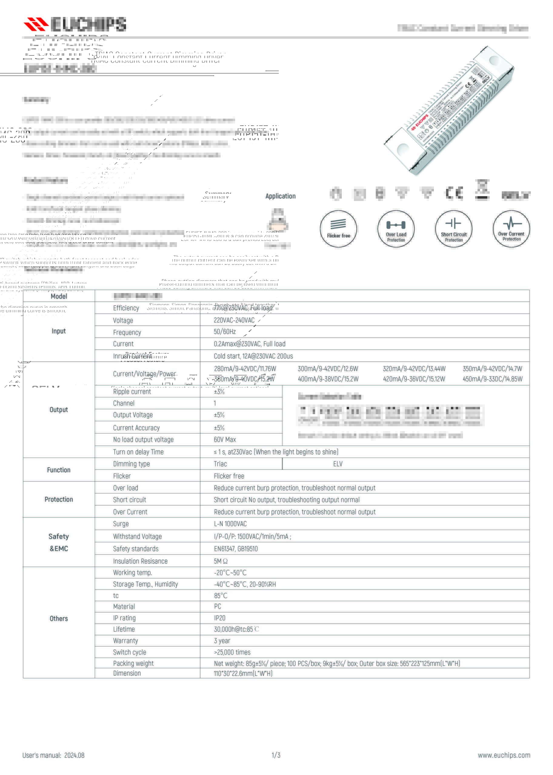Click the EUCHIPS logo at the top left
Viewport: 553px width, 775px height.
coord(75,24)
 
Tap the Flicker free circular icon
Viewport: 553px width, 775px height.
coord(338,229)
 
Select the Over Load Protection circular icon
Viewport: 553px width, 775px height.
coord(396,229)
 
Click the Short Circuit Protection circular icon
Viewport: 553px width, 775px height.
coord(454,229)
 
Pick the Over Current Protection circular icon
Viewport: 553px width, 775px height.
coord(511,229)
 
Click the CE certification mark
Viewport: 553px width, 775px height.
coord(454,193)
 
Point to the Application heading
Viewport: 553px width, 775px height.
coord(280,196)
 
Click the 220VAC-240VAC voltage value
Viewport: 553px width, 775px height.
coord(234,320)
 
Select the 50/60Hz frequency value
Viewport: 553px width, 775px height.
coord(225,332)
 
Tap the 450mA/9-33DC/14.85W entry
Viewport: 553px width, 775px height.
coord(492,379)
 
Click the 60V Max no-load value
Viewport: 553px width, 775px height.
coord(225,440)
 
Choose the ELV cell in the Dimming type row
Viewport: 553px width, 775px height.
coord(338,464)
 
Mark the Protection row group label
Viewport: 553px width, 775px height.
coord(58,500)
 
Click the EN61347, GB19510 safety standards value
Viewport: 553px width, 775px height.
coord(236,549)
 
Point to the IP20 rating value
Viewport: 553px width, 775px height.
coord(220,618)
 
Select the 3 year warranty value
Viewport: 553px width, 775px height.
coord(222,641)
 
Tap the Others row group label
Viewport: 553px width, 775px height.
coord(58,618)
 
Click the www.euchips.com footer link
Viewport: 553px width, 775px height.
coord(504,755)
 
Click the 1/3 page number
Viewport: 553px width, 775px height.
coord(276,755)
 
